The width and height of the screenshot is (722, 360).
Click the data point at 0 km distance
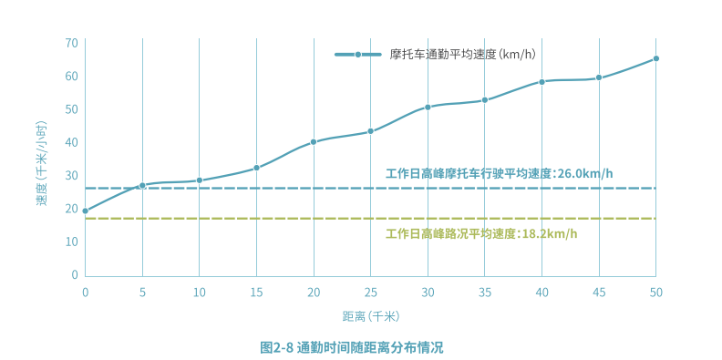[86, 211]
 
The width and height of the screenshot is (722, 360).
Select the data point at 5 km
[142, 186]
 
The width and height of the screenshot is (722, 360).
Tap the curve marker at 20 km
[314, 142]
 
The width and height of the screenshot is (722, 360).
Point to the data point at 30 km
[428, 108]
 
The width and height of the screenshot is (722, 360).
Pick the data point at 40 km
[541, 82]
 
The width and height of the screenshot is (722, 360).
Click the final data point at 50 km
[655, 58]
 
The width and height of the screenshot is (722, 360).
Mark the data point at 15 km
[257, 168]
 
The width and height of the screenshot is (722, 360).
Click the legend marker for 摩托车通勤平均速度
[358, 55]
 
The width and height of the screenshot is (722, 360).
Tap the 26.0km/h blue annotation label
[499, 173]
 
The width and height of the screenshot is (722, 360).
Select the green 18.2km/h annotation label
[481, 233]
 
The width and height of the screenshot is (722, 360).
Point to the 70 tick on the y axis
[71, 43]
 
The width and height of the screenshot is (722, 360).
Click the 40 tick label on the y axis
[71, 142]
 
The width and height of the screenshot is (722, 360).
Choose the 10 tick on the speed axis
[71, 242]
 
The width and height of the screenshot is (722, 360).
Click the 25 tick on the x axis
[370, 292]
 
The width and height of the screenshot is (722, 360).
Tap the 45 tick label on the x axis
[599, 292]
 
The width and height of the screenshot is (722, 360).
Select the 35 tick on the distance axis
[484, 292]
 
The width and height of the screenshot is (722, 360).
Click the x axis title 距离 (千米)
[370, 316]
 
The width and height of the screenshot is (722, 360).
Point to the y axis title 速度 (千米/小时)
[42, 159]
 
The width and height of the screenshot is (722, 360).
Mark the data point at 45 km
[599, 77]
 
